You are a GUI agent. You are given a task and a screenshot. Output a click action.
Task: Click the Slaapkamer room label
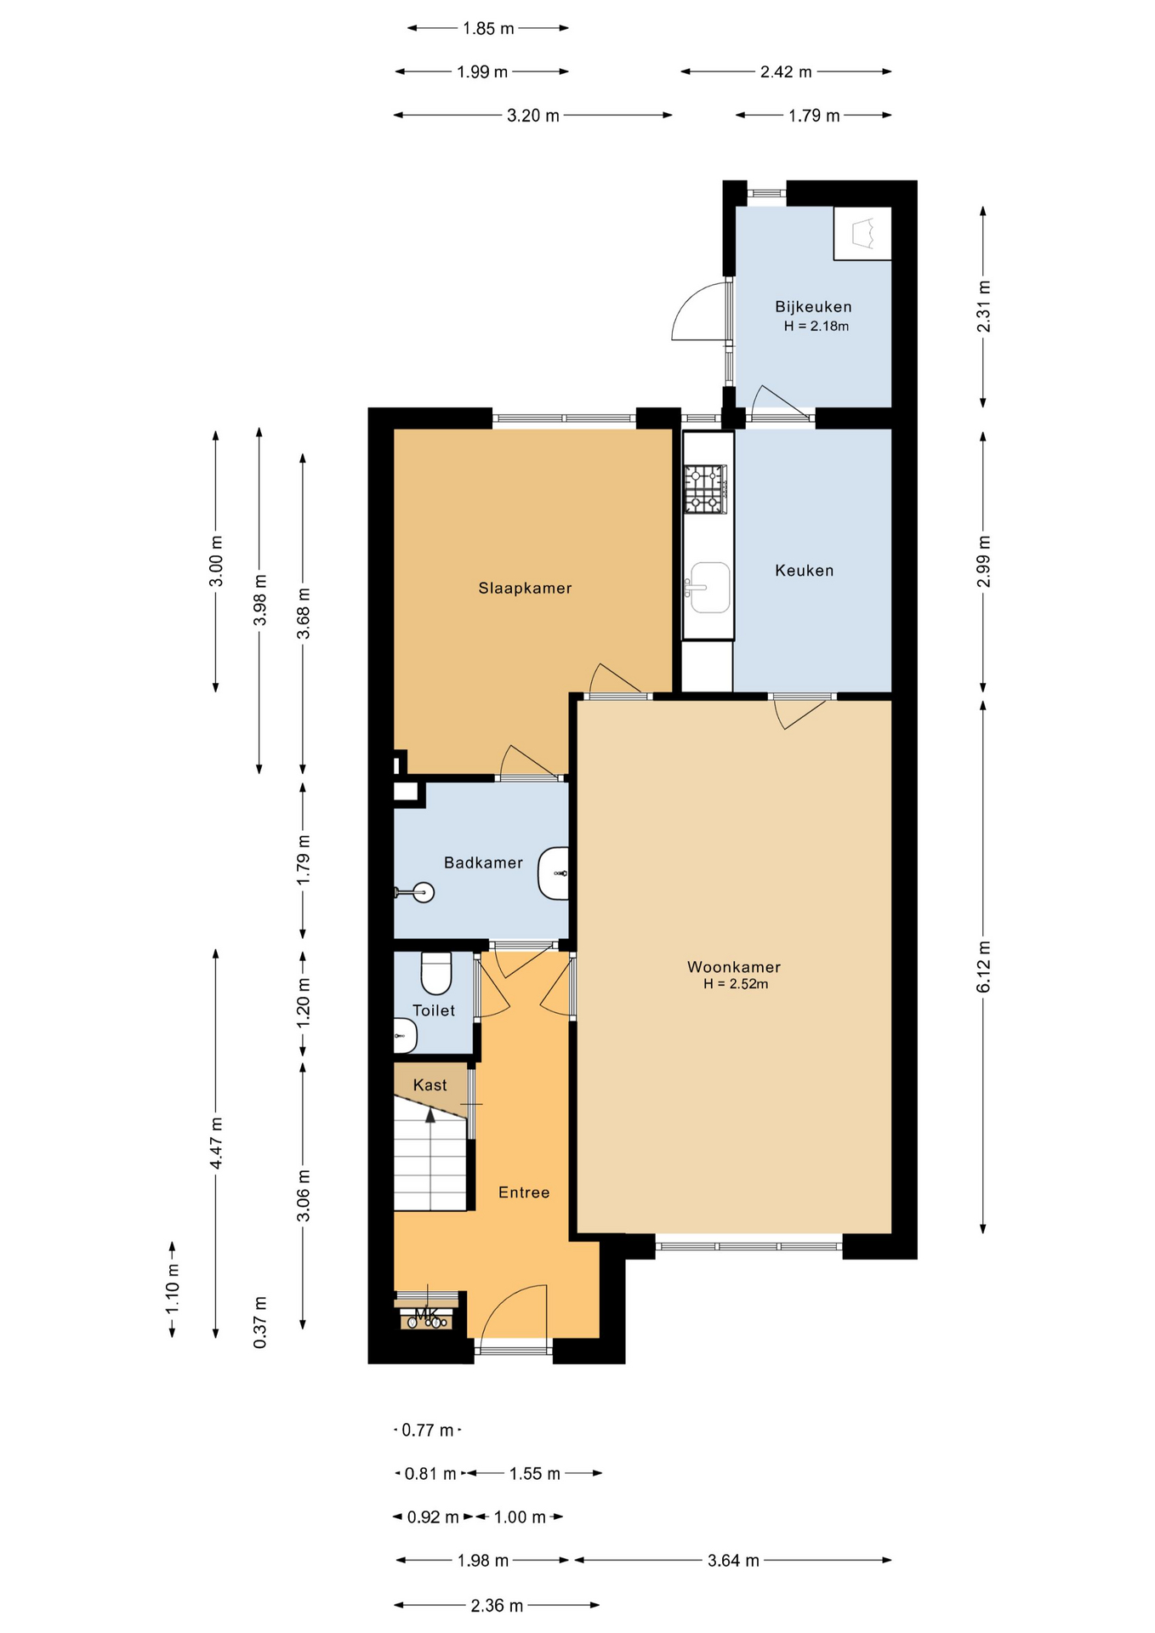[525, 588]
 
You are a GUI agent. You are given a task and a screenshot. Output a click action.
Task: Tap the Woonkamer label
[734, 967]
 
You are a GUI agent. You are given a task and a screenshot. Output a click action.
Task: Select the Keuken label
[805, 571]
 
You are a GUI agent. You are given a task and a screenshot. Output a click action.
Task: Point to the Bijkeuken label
[813, 307]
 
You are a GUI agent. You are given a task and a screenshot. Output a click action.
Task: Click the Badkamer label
[483, 863]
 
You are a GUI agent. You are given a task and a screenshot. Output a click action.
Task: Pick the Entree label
[524, 1192]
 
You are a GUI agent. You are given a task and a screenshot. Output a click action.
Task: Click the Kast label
[430, 1085]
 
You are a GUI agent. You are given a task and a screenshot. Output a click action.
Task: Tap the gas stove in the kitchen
[706, 489]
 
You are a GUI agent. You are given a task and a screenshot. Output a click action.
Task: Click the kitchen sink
[708, 587]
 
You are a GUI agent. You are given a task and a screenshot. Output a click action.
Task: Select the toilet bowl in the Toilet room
[436, 973]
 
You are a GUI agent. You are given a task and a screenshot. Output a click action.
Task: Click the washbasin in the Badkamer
[553, 873]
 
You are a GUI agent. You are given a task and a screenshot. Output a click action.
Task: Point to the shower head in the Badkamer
[423, 892]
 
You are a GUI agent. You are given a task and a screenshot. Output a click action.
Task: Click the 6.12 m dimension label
[983, 967]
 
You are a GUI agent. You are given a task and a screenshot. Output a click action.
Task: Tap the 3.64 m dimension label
[733, 1561]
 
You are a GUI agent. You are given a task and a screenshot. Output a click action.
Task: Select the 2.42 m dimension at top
[786, 72]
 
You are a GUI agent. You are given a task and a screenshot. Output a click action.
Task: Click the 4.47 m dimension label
[216, 1143]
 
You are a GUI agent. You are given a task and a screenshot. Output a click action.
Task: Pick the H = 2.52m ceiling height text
[736, 984]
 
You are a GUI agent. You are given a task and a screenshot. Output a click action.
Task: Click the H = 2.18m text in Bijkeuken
[816, 326]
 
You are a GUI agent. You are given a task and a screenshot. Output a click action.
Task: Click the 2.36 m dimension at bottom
[497, 1606]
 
